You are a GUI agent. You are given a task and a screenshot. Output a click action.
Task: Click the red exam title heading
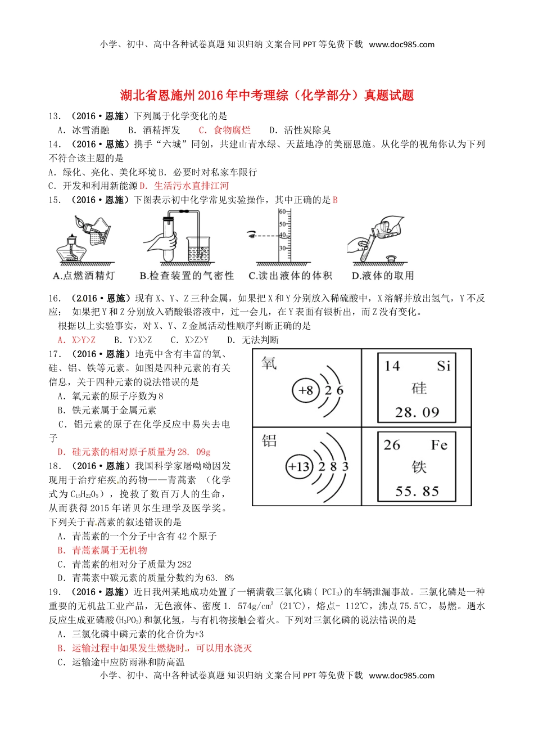tap(267, 96)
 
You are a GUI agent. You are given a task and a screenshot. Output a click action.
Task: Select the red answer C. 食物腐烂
tap(225, 130)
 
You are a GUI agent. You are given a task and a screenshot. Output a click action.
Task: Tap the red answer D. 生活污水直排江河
tap(184, 186)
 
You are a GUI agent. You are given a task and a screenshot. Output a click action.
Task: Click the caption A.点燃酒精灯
tap(84, 276)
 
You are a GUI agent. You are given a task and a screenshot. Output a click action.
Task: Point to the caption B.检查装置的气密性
tap(187, 276)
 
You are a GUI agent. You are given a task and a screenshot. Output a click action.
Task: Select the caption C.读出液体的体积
tap(290, 276)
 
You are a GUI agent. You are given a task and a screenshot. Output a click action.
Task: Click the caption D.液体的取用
tap(382, 276)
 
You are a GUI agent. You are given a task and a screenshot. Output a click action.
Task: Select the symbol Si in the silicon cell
tap(444, 366)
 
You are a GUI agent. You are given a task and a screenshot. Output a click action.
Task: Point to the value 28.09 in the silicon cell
tap(417, 413)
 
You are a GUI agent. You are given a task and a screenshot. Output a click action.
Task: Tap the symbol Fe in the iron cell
tap(439, 445)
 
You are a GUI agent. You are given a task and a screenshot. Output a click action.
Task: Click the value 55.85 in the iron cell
tap(417, 492)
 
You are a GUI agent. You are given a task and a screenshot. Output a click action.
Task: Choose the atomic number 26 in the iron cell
tap(392, 445)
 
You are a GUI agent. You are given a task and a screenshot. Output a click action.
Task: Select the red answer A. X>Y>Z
tap(76, 340)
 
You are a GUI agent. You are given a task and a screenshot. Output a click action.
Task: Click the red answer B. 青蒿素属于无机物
tap(102, 550)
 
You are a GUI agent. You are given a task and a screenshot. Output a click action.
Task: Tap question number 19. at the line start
tap(55, 592)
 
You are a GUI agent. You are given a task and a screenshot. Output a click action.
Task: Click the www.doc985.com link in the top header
tap(401, 44)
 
